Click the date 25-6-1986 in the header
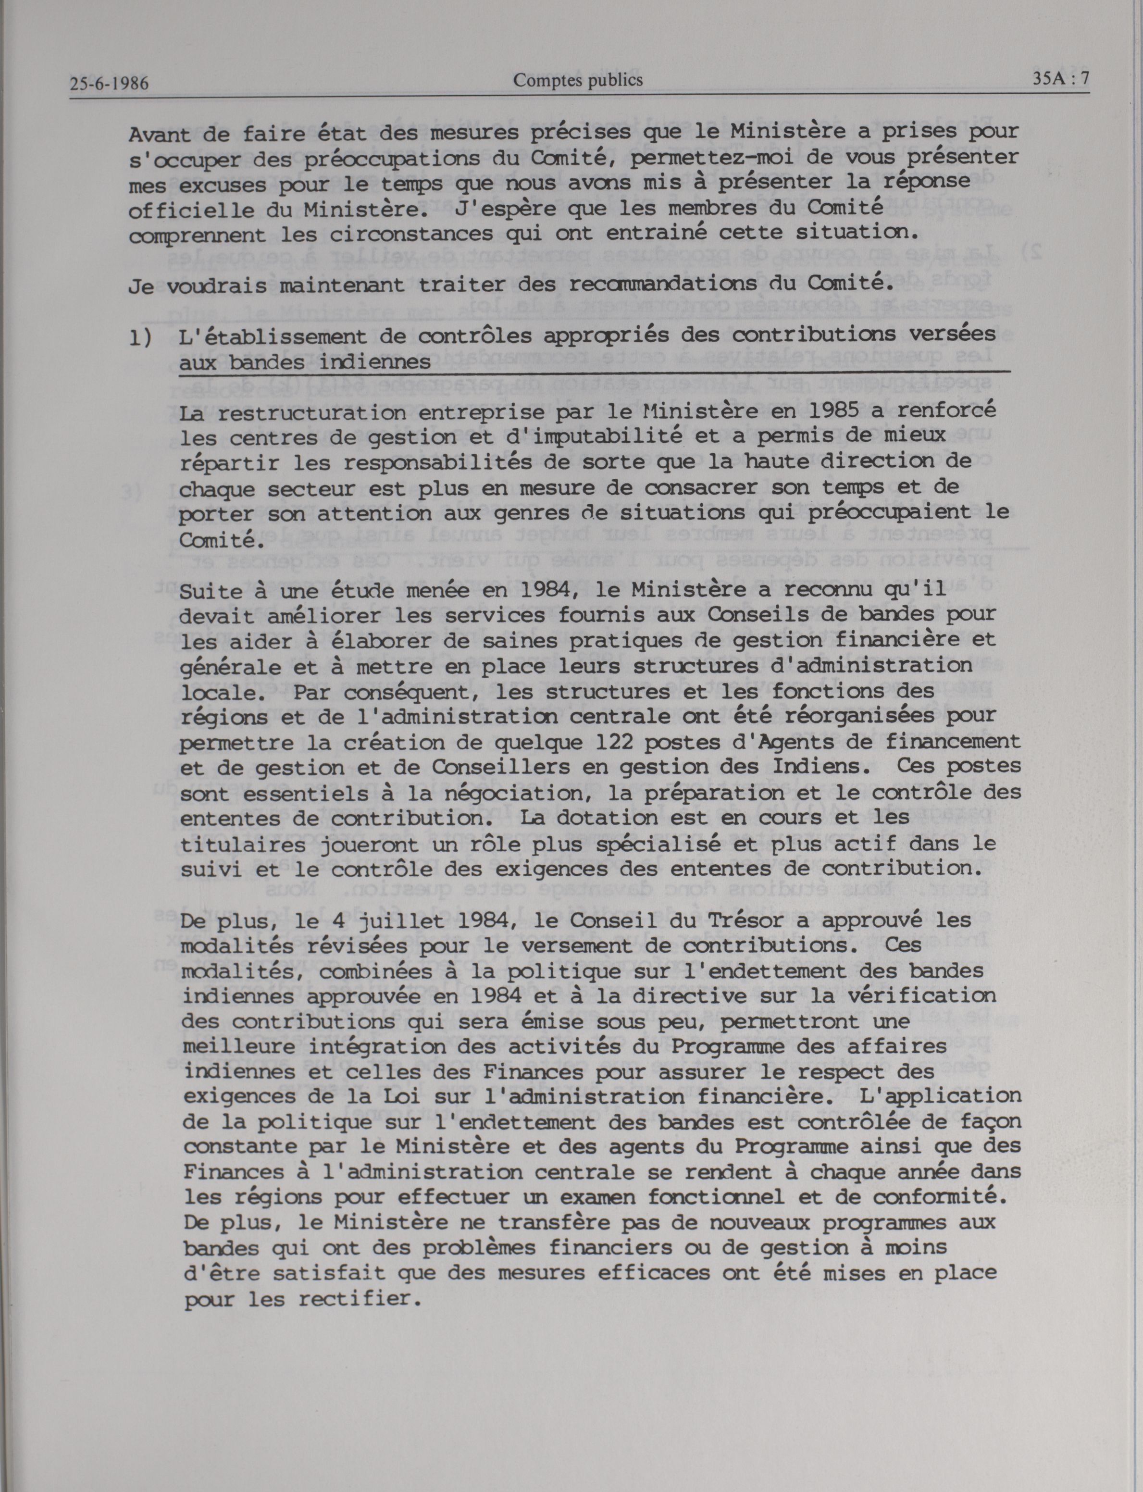pyautogui.click(x=109, y=85)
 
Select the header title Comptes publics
pyautogui.click(x=578, y=80)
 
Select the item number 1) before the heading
pyautogui.click(x=141, y=337)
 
